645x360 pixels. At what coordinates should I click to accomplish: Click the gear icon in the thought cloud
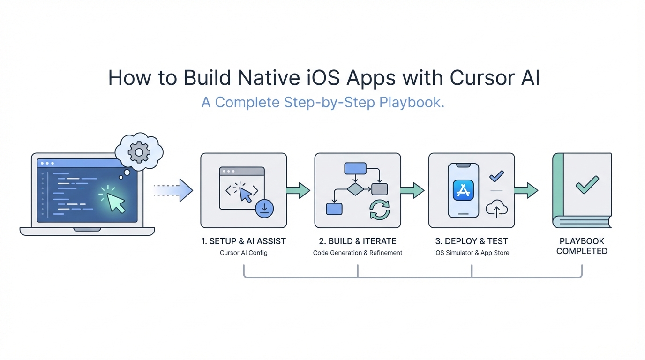(139, 151)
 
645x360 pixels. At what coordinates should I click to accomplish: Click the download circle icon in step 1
(264, 208)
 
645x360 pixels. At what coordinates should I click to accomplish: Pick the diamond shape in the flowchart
(355, 189)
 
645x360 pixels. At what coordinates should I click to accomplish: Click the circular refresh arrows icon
(380, 209)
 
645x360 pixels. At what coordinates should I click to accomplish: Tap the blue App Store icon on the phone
(463, 190)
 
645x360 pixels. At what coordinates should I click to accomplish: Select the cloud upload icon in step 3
(496, 208)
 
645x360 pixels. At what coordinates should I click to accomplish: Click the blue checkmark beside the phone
(496, 176)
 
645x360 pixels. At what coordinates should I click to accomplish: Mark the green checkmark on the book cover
(587, 185)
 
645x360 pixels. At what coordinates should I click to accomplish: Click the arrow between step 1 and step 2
(299, 190)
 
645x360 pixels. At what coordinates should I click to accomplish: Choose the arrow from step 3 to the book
(526, 190)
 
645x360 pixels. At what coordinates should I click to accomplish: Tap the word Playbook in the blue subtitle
(411, 102)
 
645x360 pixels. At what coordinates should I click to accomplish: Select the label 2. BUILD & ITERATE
(358, 241)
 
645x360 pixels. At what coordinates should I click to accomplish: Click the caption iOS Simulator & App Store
(472, 253)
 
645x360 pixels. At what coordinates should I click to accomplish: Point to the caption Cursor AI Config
(244, 253)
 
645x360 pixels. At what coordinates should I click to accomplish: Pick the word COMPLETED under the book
(582, 251)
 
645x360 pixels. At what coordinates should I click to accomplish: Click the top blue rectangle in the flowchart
(355, 168)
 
